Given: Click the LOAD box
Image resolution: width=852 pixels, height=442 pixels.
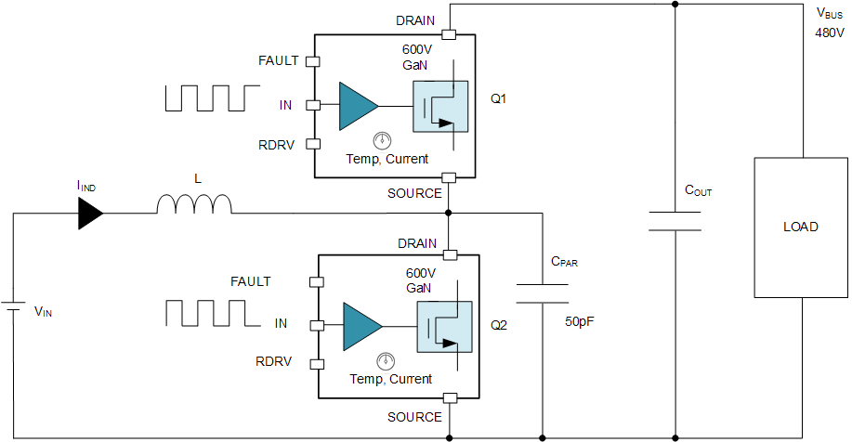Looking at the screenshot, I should pyautogui.click(x=799, y=227).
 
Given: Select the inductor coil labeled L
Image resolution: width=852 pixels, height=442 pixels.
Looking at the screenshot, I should pyautogui.click(x=194, y=204).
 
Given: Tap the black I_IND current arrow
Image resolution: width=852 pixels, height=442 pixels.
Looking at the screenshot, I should pyautogui.click(x=90, y=214).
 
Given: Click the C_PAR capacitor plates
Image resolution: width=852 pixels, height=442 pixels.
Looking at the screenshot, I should pyautogui.click(x=541, y=293).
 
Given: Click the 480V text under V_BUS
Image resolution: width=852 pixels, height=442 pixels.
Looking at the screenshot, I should pyautogui.click(x=827, y=32).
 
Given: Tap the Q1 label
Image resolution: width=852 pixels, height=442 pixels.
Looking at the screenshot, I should pyautogui.click(x=498, y=97).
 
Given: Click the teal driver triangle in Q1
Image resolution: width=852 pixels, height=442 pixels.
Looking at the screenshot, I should pyautogui.click(x=357, y=106).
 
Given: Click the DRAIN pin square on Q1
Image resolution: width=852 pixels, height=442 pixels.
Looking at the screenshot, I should pyautogui.click(x=449, y=35).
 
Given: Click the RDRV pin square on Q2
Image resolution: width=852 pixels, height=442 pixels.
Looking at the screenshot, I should pyautogui.click(x=317, y=363).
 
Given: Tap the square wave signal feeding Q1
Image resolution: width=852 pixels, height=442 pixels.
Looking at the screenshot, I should pyautogui.click(x=212, y=97).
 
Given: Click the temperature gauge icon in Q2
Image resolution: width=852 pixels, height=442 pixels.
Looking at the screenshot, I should pyautogui.click(x=382, y=361).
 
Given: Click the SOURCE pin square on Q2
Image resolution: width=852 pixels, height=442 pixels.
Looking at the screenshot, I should pyautogui.click(x=450, y=398).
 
